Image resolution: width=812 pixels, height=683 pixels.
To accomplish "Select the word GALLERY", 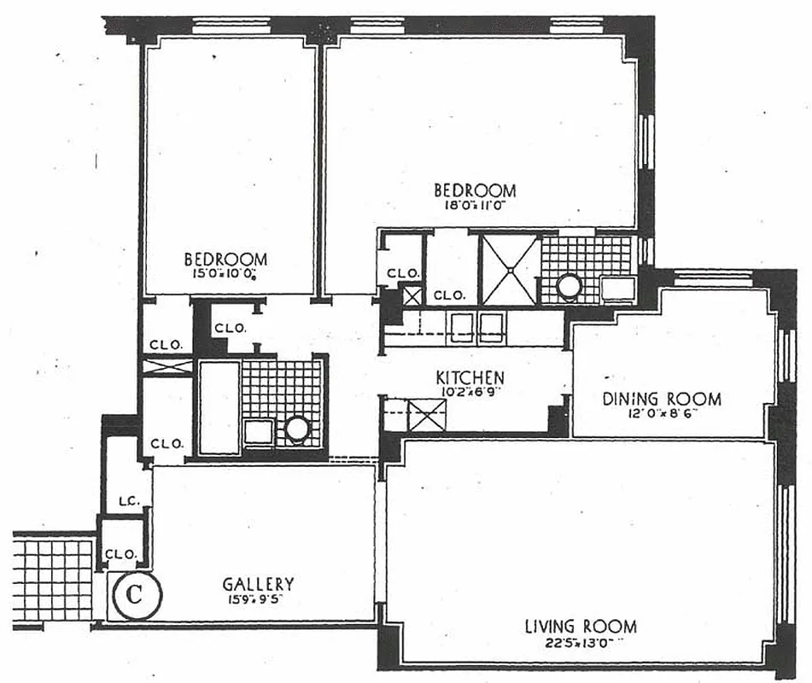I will tap(258, 584).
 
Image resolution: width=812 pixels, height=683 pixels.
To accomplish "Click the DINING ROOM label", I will tap(662, 399).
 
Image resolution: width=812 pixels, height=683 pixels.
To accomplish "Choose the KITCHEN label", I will tap(470, 377).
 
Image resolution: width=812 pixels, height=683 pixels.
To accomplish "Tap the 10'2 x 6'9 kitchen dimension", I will tap(470, 392).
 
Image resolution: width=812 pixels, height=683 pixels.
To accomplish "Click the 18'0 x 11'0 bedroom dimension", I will tap(475, 206).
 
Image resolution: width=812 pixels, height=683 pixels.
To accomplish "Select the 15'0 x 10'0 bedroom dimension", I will tap(226, 274).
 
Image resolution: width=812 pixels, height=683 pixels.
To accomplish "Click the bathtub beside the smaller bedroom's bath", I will tap(219, 407).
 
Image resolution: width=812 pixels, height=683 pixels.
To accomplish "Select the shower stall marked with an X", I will tap(510, 270).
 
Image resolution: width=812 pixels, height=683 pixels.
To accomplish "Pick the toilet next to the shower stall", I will tap(567, 287).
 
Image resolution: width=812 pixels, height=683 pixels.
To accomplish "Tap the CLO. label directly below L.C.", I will tap(120, 553).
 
